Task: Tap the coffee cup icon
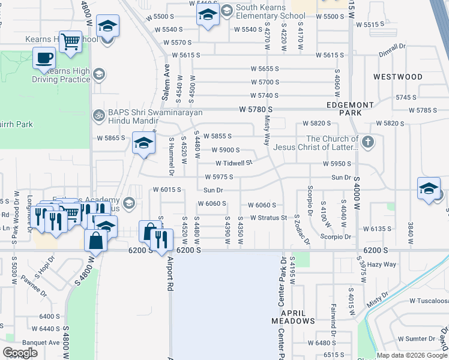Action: click(43, 58)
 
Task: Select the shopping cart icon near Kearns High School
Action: click(70, 41)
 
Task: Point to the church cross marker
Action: click(368, 142)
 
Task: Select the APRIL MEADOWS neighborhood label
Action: click(293, 317)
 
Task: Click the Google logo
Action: click(20, 353)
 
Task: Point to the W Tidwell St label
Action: click(234, 163)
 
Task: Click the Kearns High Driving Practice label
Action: click(67, 75)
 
